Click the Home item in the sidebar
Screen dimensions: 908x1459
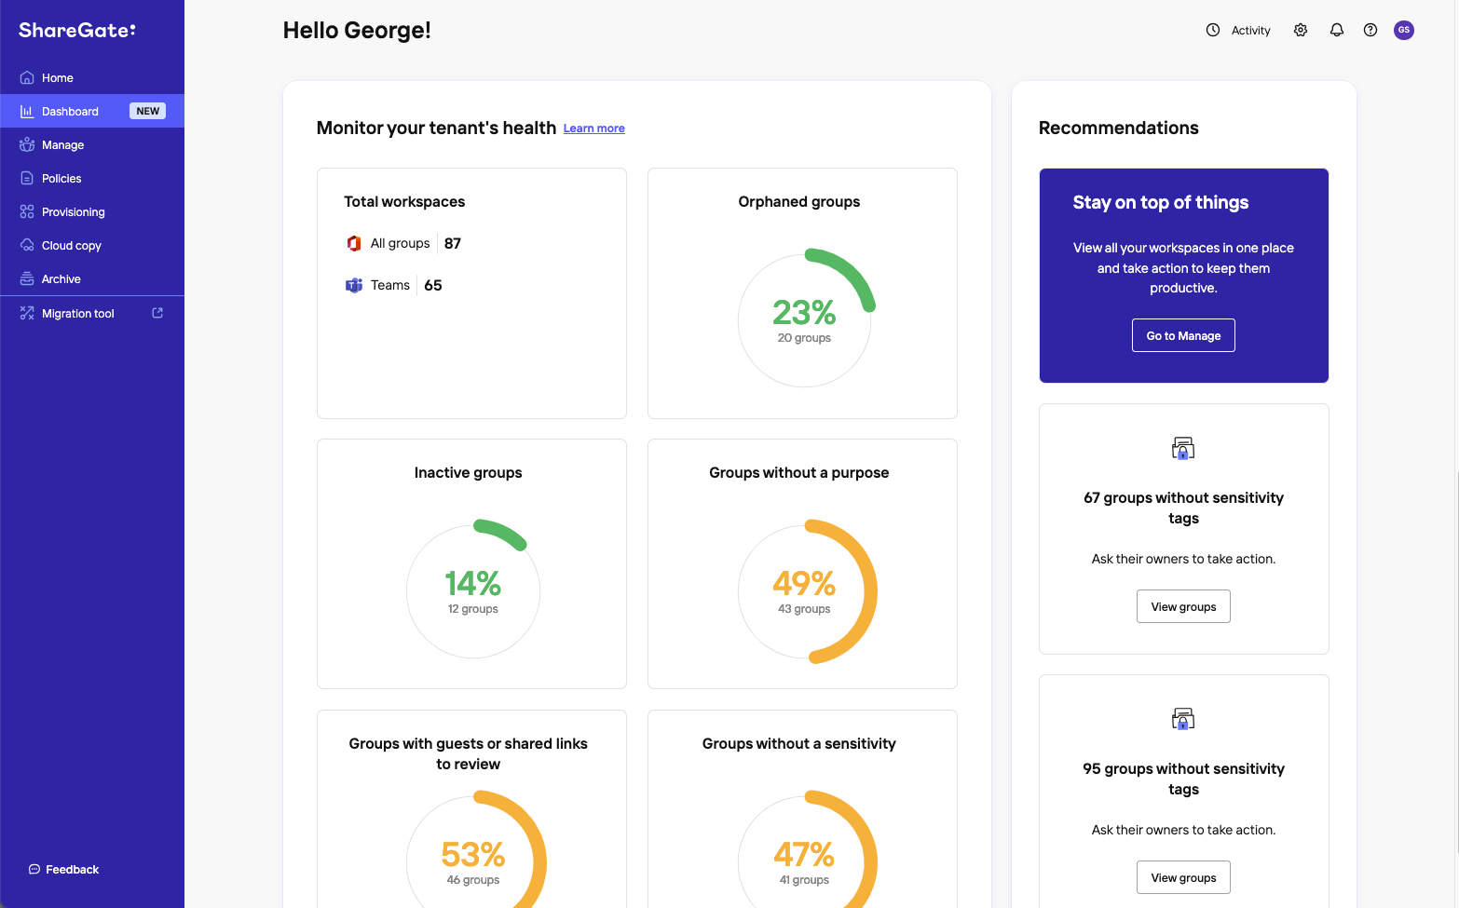[57, 78]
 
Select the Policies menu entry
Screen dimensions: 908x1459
[61, 179]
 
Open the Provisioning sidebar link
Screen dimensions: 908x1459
[73, 212]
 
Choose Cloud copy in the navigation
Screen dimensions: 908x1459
[71, 246]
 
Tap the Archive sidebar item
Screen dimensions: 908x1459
[61, 279]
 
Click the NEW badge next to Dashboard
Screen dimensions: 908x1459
[147, 111]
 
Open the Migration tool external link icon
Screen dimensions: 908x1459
[157, 313]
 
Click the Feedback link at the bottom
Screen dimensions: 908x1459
[72, 870]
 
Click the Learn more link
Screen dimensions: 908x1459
[593, 129]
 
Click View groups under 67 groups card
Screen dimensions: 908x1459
[1183, 606]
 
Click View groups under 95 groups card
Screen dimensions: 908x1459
[1183, 877]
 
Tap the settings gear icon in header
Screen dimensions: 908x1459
[1301, 30]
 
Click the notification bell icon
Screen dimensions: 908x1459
[1337, 30]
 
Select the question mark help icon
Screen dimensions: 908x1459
[1370, 30]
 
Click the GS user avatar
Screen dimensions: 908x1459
[1404, 30]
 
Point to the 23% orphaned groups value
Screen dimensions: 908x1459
[804, 312]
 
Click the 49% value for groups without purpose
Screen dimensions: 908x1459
[804, 583]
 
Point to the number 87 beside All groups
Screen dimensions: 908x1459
[453, 243]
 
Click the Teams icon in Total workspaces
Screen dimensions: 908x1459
[354, 285]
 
